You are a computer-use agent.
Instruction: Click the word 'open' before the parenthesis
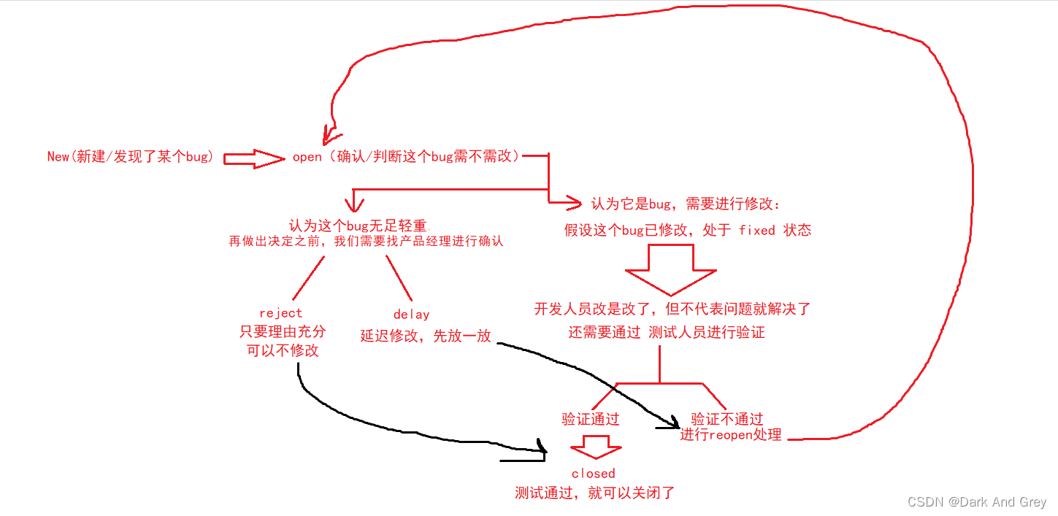[307, 157]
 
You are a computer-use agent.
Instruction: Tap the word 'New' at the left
[58, 157]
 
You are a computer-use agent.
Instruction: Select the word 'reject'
[280, 313]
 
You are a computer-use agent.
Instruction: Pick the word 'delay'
[411, 315]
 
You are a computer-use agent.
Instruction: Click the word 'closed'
[593, 474]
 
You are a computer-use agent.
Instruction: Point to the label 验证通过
[590, 419]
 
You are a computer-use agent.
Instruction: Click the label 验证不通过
[727, 419]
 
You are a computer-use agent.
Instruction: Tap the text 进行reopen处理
[730, 435]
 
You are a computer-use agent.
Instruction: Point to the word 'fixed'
[756, 231]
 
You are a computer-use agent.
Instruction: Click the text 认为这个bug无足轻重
[358, 226]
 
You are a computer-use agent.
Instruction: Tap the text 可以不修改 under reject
[283, 350]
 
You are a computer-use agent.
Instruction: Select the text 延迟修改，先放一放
[425, 336]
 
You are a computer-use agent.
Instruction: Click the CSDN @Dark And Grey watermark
[976, 502]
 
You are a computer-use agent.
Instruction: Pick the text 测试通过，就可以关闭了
[594, 493]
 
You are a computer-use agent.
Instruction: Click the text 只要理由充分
[283, 331]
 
